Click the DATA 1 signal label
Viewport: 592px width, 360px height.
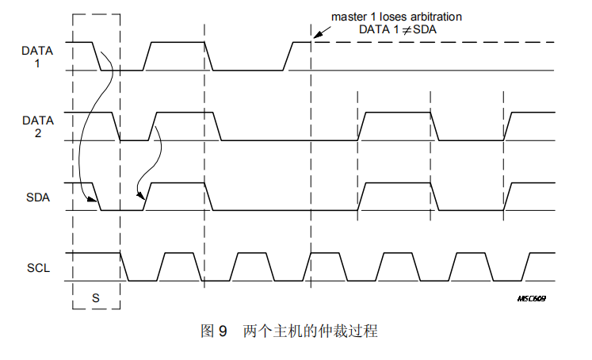pos(37,56)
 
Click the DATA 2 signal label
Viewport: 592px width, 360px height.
pos(37,127)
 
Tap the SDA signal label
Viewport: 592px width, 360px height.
pos(37,197)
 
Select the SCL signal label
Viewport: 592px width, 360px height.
pos(37,268)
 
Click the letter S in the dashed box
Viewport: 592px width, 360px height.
pos(95,297)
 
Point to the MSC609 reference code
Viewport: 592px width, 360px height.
pos(531,299)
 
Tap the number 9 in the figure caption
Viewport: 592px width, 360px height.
pos(223,331)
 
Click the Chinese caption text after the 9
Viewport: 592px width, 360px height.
pos(310,331)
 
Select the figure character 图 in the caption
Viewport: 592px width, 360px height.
pos(208,331)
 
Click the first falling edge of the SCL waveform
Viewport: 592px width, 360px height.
pos(125,267)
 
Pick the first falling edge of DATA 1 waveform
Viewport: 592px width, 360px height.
pos(98,56)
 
